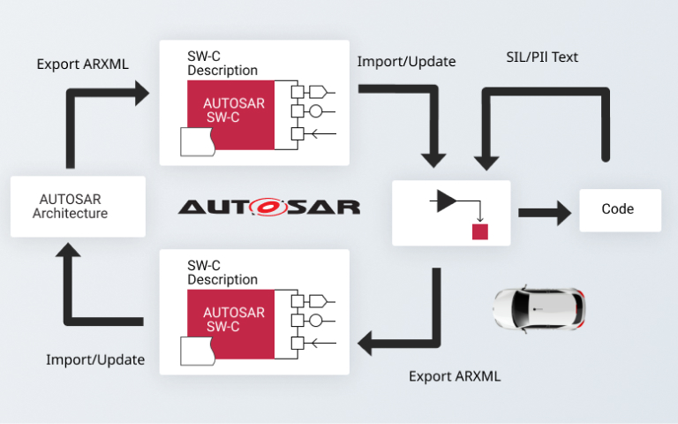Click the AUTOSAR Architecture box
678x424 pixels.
tap(78, 206)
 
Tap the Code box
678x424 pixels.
tap(619, 209)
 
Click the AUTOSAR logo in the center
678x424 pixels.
tap(268, 207)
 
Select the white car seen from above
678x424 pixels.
tap(539, 306)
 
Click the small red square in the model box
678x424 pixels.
tap(479, 232)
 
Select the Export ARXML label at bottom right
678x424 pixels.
tap(454, 376)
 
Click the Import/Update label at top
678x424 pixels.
tap(406, 62)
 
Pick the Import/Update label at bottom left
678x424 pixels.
tap(95, 360)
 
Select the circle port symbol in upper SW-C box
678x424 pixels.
tap(314, 111)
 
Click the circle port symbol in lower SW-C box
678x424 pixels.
tap(314, 321)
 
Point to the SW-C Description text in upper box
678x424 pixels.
tap(222, 64)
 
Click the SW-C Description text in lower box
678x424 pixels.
tap(222, 272)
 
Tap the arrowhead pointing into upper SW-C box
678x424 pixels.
tap(140, 92)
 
